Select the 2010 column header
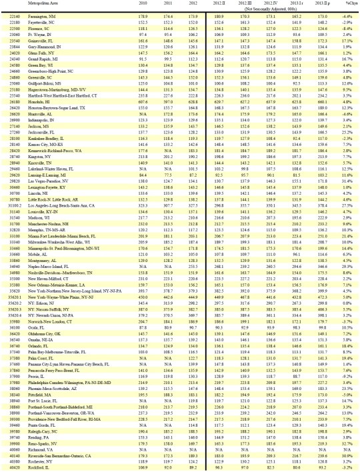pyautogui.click(x=123, y=4)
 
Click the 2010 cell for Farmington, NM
pyautogui.click(x=123, y=13)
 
